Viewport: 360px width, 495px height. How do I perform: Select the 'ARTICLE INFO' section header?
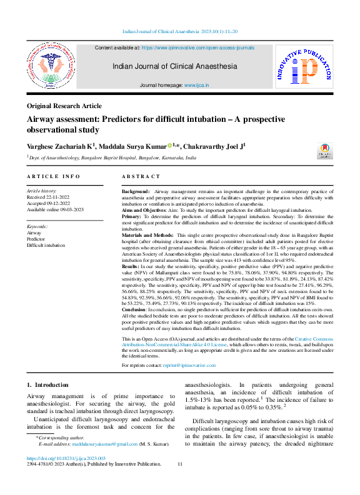[53, 177]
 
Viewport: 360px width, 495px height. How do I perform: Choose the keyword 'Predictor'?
[36, 239]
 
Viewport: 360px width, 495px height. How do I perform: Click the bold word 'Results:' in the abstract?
[133, 266]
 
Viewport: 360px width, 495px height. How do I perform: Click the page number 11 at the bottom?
[180, 464]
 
